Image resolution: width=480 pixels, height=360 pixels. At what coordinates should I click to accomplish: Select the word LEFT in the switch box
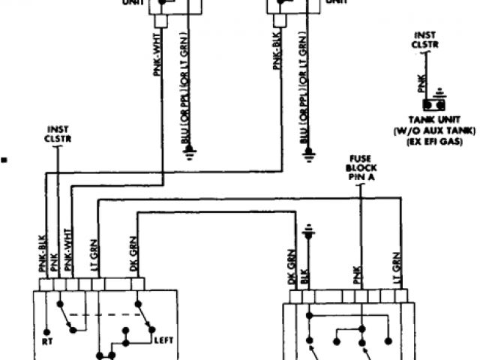164,340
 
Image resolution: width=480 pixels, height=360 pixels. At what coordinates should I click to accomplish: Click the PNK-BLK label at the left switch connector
43,253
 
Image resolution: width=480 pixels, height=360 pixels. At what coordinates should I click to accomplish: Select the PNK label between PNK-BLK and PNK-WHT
56,262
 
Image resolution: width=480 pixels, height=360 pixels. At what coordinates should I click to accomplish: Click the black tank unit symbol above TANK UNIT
431,104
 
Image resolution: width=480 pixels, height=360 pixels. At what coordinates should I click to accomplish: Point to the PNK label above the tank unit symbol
422,82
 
